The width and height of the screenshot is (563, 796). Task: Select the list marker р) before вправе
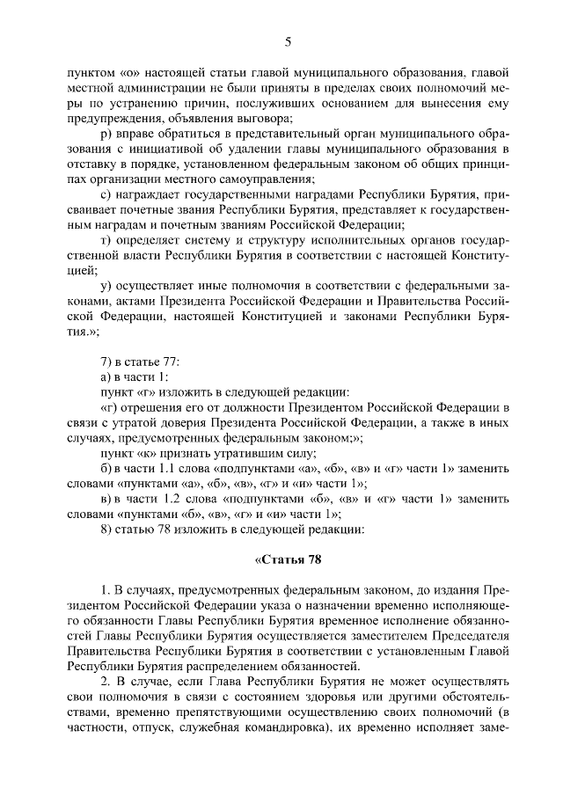(107, 135)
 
